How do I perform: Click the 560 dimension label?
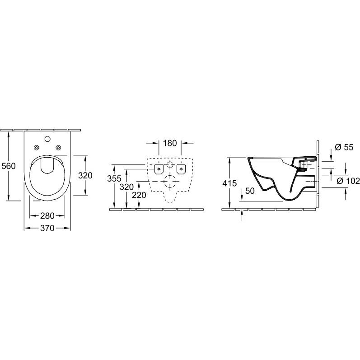pos(9,166)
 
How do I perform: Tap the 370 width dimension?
pos(47,228)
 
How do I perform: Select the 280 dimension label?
pos(47,215)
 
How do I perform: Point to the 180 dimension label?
pos(170,143)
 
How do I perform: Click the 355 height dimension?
pos(114,178)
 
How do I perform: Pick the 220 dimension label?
pos(139,195)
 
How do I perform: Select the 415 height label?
pos(229,183)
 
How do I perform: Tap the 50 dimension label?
pos(250,191)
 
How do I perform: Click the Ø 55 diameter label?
pos(344,147)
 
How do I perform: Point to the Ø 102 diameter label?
pos(348,181)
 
